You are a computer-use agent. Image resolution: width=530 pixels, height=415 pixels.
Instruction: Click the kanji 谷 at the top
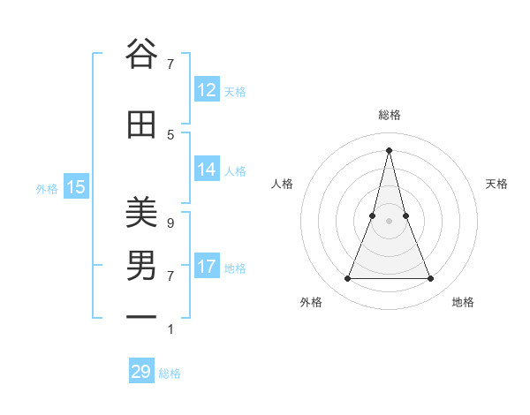pos(141,53)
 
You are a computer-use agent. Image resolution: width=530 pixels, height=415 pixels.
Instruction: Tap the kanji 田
pos(141,124)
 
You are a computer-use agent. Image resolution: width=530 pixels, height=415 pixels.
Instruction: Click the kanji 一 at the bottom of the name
pos(141,315)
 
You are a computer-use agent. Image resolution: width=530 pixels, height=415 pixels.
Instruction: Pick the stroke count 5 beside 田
pos(170,134)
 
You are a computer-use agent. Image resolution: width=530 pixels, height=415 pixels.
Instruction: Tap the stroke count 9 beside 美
pos(170,223)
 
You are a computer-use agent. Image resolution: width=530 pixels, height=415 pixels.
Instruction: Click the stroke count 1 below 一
pos(170,329)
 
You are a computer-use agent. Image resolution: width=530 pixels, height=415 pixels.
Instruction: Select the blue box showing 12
pos(207,90)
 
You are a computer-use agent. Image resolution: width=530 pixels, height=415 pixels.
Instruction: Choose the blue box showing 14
pos(207,170)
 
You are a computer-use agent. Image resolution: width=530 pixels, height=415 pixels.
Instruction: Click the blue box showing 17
pos(207,267)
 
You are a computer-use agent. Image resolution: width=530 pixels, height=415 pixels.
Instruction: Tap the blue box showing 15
pos(76,187)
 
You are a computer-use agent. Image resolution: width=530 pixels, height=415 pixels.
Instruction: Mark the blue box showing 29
pos(141,372)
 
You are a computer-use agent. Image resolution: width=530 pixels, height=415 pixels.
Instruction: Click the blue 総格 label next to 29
pos(170,373)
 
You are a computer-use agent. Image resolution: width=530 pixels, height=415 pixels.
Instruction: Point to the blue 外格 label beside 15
pos(47,188)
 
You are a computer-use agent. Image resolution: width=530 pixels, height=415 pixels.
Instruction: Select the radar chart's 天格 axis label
pos(496,184)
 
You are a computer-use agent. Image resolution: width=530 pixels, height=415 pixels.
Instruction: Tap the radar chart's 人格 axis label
pos(282,184)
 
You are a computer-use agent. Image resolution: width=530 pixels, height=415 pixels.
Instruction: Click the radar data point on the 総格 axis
pos(389,150)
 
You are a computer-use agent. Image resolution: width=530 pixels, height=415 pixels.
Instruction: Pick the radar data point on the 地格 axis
pos(431,279)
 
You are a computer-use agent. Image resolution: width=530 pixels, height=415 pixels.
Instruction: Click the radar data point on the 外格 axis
pos(347,279)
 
